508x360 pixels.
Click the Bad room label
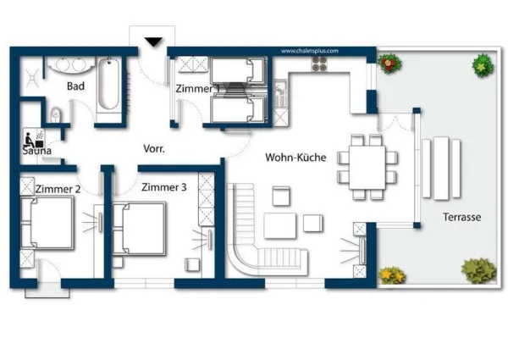click(75, 86)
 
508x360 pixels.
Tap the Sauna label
click(37, 151)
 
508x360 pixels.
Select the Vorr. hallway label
click(153, 148)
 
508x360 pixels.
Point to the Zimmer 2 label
click(58, 189)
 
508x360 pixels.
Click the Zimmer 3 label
click(163, 187)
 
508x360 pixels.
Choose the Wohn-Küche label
click(295, 158)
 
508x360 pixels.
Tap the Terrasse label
click(461, 217)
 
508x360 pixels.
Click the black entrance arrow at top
click(153, 41)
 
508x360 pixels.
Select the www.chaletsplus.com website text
click(309, 51)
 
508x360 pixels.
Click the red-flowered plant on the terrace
click(389, 63)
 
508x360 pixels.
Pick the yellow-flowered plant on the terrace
click(392, 275)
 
